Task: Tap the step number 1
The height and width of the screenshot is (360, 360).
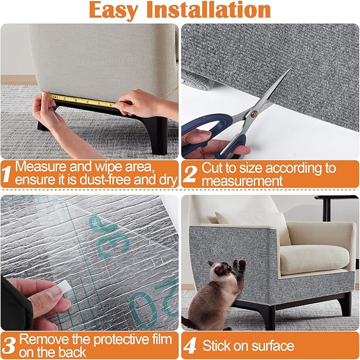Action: point(7,173)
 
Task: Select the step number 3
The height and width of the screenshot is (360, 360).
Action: point(8,345)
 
